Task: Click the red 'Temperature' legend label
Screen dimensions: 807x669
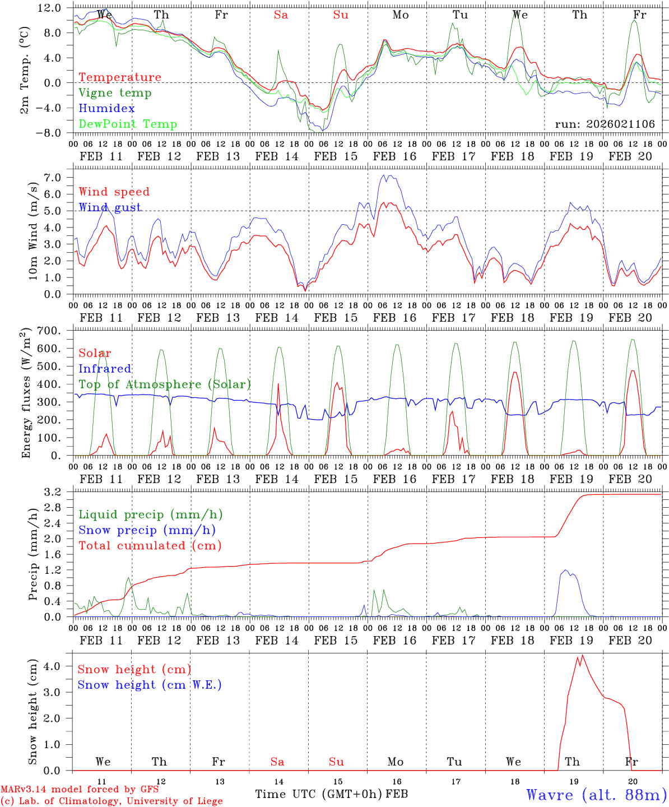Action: point(119,77)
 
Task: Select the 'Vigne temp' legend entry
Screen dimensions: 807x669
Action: point(115,93)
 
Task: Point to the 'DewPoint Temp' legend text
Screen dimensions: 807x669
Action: point(128,124)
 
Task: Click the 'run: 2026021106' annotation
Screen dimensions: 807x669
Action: point(605,124)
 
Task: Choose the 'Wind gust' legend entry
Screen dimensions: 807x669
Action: point(110,207)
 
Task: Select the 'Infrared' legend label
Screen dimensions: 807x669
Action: point(105,369)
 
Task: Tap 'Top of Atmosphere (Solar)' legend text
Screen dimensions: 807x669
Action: point(165,384)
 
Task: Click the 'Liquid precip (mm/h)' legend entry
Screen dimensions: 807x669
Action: point(151,514)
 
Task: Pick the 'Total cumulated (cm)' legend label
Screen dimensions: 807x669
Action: point(150,546)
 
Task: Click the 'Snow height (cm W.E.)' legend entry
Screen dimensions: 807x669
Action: point(150,685)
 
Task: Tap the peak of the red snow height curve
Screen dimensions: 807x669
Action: point(582,655)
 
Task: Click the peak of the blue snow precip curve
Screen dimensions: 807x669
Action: point(565,571)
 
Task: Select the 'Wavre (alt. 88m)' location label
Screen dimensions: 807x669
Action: point(596,795)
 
